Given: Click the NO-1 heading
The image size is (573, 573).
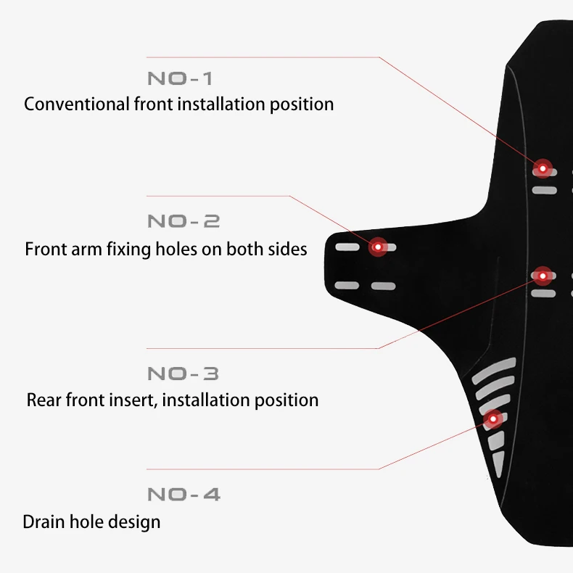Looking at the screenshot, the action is pos(180,78).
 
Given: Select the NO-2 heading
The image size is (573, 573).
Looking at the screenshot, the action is pos(184,221).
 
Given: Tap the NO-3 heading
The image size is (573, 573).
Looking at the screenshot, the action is pos(183,374).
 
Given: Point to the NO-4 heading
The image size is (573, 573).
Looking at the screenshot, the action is pos(184,495).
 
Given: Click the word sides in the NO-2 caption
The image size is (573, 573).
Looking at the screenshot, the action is pos(285,250).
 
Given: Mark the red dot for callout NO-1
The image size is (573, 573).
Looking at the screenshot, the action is pos(542,168).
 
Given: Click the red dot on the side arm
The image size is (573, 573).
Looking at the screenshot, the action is pos(377,247).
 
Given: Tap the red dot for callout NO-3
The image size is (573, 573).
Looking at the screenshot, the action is pos(543,275).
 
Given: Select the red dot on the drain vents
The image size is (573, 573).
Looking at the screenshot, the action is pos(493,419).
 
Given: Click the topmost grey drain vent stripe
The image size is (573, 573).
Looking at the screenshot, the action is pos(493,368).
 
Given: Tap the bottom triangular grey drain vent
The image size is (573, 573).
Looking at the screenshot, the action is pos(498,461).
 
